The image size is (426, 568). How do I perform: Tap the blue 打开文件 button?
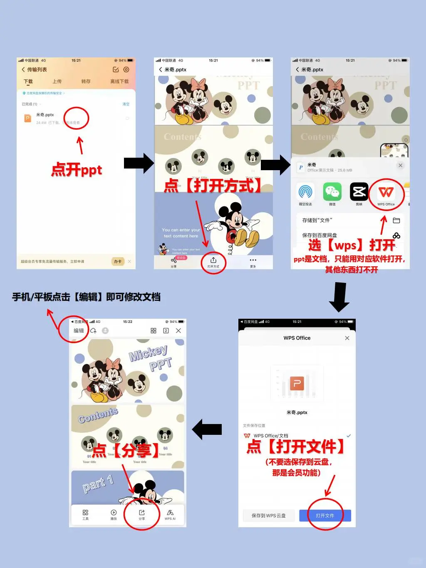coord(325,516)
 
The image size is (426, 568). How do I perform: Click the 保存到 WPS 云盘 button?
coord(268,516)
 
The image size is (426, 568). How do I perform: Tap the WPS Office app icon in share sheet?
coord(386,192)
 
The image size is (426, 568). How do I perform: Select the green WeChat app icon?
coord(332,192)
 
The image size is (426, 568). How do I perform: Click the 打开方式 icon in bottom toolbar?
coord(213,262)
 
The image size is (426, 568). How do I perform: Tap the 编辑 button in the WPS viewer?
coord(79,331)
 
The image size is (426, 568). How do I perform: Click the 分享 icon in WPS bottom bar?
coord(142,514)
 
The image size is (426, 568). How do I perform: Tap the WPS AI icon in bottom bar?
coord(170,514)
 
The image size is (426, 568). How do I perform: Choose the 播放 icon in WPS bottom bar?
coord(114,514)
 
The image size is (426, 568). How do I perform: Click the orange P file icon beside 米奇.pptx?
coord(27,118)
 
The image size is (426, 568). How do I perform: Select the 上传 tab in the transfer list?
coord(57,82)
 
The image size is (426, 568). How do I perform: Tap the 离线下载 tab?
coord(119,82)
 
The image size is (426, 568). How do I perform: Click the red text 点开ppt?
coord(77,170)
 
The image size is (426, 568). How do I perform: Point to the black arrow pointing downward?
coord(339,297)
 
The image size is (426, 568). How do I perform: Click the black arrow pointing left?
coord(207,429)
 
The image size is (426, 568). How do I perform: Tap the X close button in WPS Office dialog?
coord(347,338)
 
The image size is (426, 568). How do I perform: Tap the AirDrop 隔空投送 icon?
coord(305,192)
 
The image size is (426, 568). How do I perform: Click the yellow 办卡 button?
coord(118,261)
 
